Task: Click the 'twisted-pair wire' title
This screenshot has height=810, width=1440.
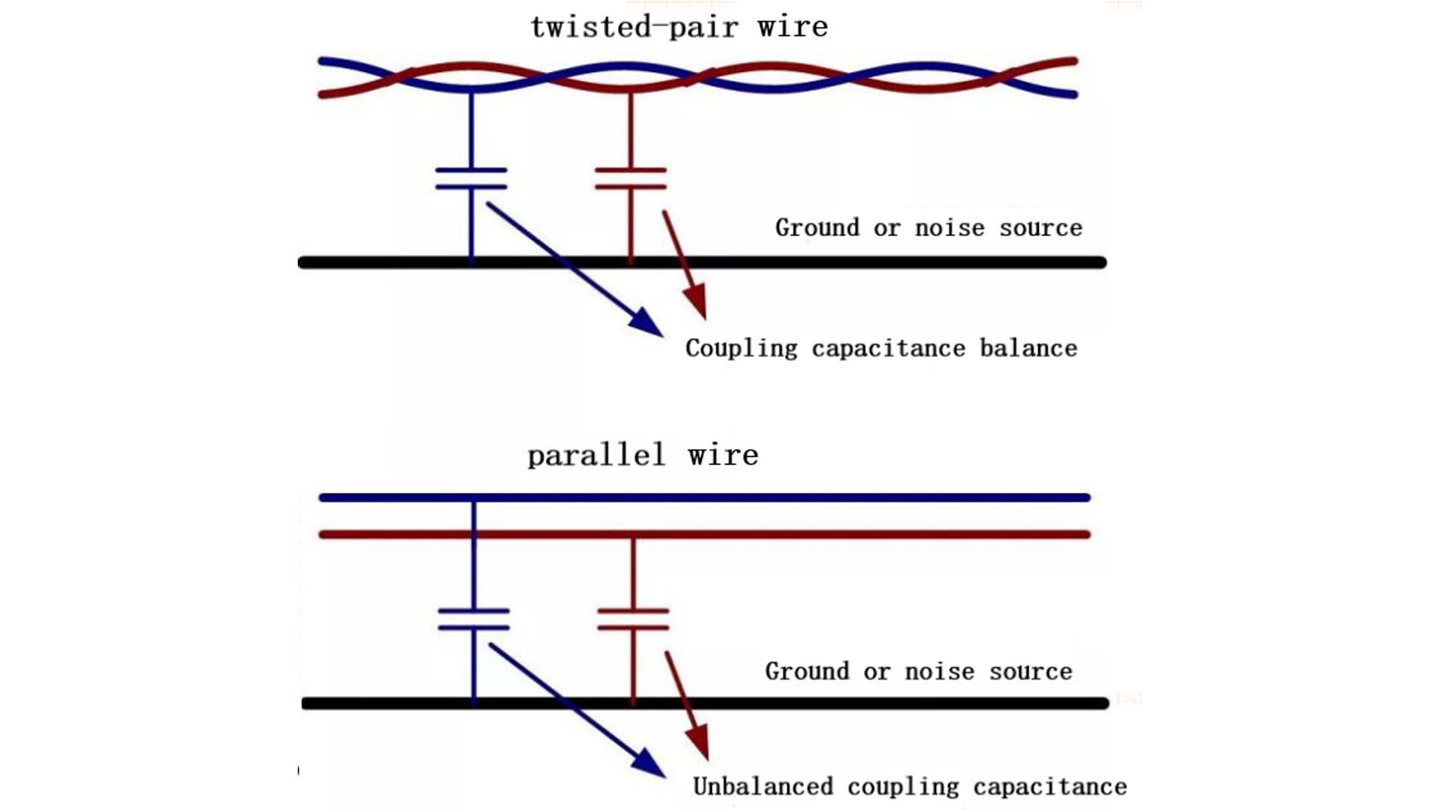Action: point(679,28)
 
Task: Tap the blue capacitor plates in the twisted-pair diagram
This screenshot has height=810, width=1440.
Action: point(471,178)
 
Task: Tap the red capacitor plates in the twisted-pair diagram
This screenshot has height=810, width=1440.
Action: point(631,178)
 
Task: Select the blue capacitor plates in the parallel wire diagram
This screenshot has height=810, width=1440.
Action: point(474,619)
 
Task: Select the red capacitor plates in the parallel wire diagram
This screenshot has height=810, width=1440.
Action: point(634,619)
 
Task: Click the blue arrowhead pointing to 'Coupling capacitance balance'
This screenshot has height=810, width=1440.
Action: point(646,322)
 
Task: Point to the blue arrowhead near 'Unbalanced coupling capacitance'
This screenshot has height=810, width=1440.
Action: point(649,763)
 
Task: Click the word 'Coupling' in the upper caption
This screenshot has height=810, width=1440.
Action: point(741,349)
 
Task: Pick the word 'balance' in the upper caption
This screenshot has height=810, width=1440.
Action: point(1028,349)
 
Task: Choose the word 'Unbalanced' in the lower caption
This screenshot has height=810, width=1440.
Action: point(763,787)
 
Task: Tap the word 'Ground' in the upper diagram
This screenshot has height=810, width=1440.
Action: point(817,227)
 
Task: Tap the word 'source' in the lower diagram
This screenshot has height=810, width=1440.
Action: point(1030,671)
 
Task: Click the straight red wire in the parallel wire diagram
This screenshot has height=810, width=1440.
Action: point(825,535)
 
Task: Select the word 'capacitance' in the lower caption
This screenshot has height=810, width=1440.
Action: point(1050,787)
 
